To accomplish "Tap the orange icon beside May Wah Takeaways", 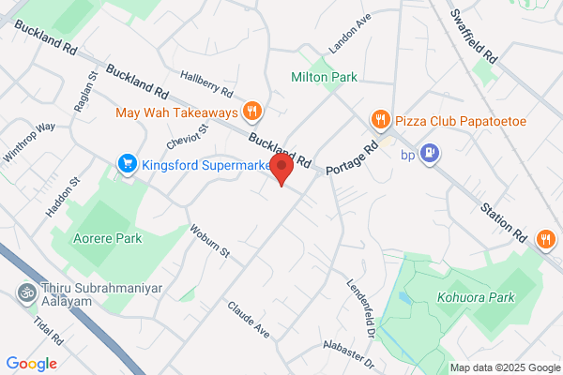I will click(251, 112).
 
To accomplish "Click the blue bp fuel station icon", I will click(430, 152).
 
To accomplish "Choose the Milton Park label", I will click(324, 77).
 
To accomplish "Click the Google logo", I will click(32, 363).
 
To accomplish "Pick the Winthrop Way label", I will click(28, 142).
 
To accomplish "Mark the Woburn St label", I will click(209, 241).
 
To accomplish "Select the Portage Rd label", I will click(350, 159).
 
